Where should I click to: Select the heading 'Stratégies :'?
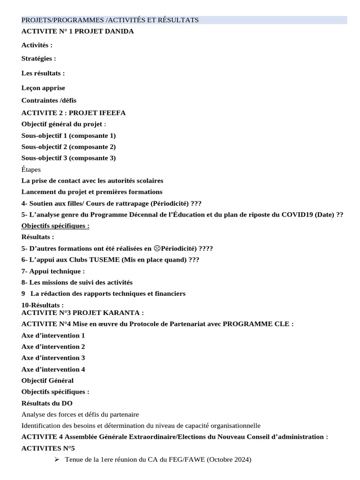click(39, 59)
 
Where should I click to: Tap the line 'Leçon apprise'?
click(43, 88)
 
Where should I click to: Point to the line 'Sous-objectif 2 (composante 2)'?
click(69, 147)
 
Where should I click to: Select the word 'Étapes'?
click(31, 169)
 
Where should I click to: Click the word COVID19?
click(298, 215)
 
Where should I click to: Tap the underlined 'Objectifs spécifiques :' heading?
click(55, 226)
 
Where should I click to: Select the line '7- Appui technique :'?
click(53, 271)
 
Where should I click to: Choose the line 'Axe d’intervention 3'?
click(53, 358)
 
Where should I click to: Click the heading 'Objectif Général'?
click(47, 381)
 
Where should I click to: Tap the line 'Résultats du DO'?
click(47, 403)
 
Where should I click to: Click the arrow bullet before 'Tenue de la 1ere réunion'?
click(57, 460)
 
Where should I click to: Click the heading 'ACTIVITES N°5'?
click(45, 448)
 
